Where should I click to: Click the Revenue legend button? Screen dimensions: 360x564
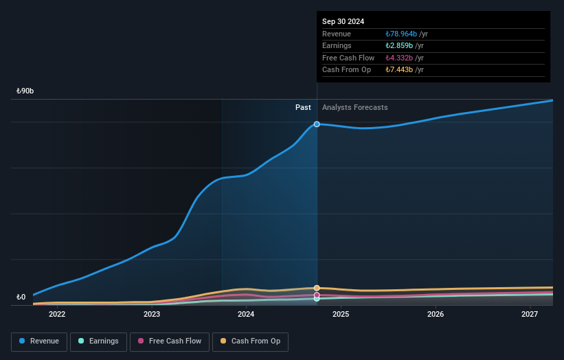point(39,341)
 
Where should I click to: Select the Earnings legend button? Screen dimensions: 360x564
point(98,341)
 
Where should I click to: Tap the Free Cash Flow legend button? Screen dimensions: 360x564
point(169,341)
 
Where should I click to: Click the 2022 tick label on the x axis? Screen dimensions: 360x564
point(57,315)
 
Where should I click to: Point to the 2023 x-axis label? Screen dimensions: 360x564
point(152,315)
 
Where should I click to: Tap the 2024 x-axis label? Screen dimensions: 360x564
point(246,315)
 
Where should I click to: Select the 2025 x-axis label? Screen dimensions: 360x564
point(341,315)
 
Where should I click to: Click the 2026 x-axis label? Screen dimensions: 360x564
point(435,315)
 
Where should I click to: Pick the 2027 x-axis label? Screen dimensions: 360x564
point(530,315)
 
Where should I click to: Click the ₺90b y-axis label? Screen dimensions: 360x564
point(25,91)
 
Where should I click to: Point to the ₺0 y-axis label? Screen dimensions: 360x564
point(21,297)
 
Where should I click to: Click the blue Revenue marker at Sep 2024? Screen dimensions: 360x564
point(317,124)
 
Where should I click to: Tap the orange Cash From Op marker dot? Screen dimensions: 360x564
point(317,288)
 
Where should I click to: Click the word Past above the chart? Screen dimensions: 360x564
point(303,108)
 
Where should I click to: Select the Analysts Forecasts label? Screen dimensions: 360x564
point(354,108)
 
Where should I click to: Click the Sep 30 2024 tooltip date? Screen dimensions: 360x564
point(343,21)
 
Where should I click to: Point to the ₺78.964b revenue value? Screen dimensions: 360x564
point(401,34)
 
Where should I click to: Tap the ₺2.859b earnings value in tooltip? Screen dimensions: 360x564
point(399,46)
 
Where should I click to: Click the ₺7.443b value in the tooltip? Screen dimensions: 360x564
point(399,70)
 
